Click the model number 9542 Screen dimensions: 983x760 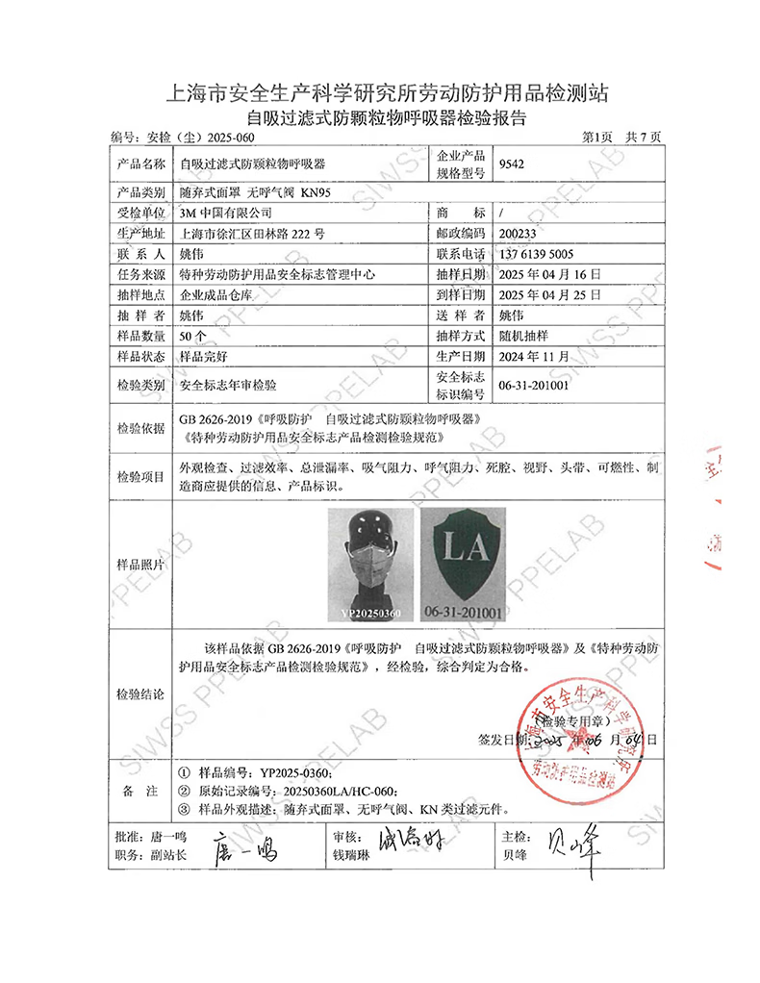[511, 164]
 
